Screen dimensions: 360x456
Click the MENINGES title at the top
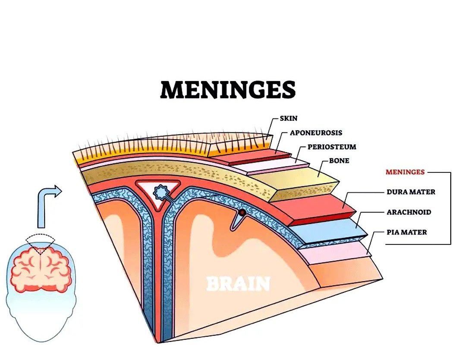228,90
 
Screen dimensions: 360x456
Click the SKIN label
289,118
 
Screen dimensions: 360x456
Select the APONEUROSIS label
316,133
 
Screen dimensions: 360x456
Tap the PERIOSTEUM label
332,147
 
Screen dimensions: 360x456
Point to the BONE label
339,161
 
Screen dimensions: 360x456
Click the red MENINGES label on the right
405,172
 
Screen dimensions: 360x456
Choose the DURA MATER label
411,192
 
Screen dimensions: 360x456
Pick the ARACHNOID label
409,212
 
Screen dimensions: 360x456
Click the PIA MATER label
407,232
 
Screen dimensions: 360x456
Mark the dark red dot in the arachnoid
242,213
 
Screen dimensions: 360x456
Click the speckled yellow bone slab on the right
298,181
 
